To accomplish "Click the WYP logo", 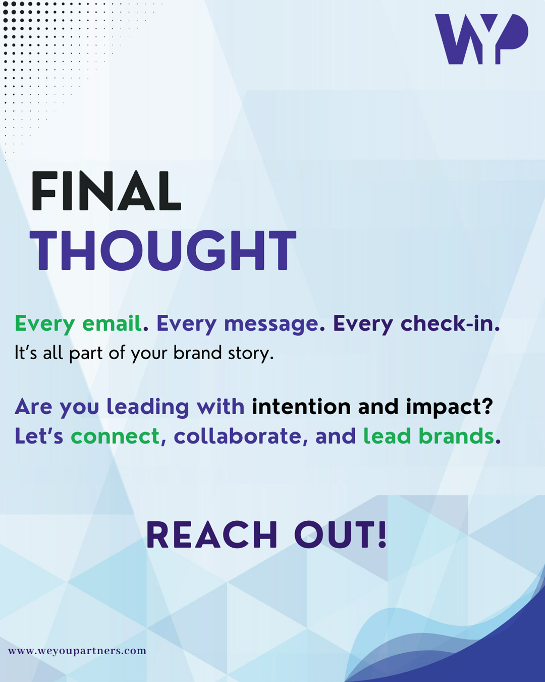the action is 481,39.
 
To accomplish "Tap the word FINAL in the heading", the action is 106,191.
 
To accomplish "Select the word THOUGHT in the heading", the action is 163,250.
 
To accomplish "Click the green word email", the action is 112,323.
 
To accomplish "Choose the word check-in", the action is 448,323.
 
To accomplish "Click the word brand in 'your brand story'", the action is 198,353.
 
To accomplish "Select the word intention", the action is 301,406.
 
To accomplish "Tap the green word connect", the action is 115,436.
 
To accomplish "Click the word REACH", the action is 212,534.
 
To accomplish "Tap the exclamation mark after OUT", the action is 382,534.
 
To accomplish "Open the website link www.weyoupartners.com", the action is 77,651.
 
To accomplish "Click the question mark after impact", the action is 487,406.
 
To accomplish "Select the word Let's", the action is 39,436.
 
